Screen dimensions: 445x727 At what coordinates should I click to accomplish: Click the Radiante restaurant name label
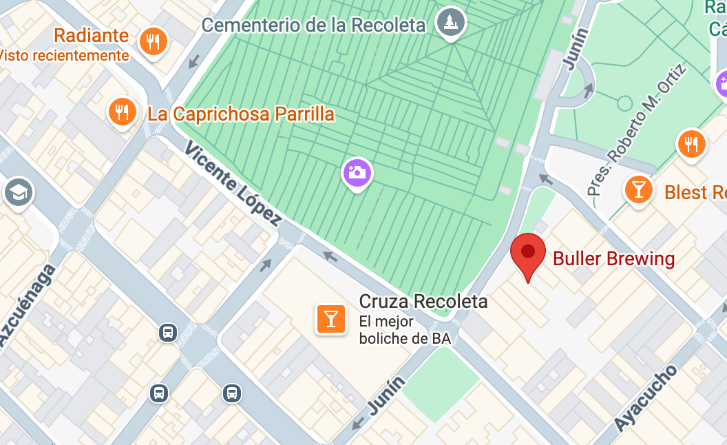click(x=91, y=36)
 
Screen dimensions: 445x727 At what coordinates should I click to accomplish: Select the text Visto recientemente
click(x=63, y=56)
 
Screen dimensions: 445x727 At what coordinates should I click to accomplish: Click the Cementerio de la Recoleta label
click(x=313, y=25)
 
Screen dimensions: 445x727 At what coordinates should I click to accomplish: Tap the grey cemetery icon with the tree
click(x=451, y=23)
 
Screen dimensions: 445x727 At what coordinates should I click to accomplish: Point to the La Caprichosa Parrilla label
click(x=241, y=114)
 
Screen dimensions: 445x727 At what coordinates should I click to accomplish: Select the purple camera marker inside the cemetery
click(x=357, y=172)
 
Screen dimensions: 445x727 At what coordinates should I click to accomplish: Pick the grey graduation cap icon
click(x=18, y=192)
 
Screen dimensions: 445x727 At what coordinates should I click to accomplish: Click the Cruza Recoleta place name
click(x=423, y=302)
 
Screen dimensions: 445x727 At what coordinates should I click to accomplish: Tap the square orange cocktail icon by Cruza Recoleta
click(x=330, y=318)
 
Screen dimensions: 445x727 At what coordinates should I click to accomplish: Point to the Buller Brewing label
click(x=614, y=259)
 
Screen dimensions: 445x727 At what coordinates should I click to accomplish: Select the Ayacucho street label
click(x=645, y=398)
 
